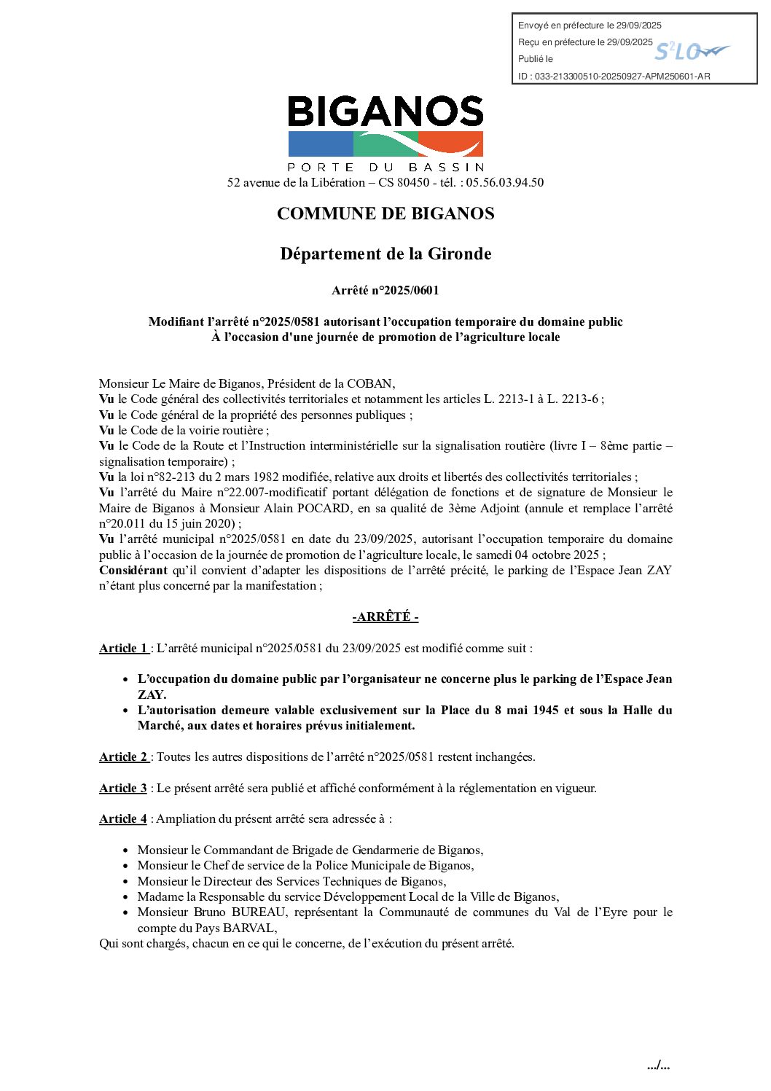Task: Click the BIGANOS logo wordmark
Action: [385, 112]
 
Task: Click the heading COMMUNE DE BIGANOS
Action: [385, 214]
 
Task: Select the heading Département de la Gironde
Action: [385, 254]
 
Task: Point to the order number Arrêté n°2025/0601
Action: [385, 290]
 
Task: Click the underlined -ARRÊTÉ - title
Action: [385, 617]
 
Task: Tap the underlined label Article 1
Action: [124, 649]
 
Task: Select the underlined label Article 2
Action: [124, 757]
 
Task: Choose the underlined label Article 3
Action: [123, 789]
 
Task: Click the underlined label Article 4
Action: [123, 819]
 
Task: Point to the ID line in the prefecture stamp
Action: [614, 76]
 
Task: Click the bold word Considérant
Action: [133, 571]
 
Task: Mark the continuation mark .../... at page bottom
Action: [658, 1065]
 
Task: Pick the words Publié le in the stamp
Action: [536, 59]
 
